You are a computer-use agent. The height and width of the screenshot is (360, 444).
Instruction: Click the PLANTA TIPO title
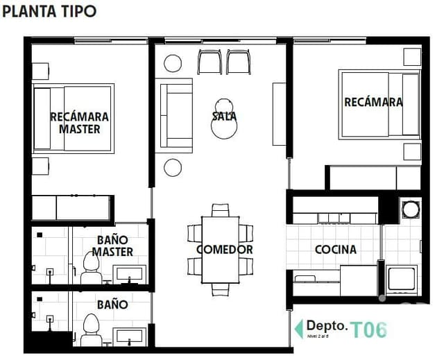point(49,11)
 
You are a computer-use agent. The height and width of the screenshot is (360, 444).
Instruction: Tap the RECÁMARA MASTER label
point(79,123)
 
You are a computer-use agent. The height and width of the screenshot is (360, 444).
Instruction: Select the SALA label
point(224,117)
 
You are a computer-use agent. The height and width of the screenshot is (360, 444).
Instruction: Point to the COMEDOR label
point(224,249)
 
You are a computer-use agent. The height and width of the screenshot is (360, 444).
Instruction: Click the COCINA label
point(335,249)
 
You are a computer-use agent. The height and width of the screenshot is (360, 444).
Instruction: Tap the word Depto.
point(326,325)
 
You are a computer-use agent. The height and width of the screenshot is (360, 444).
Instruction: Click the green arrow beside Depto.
point(298,328)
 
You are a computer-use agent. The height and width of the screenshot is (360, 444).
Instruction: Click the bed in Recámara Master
point(73,118)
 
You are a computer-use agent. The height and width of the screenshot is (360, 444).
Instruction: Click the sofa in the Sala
point(175,115)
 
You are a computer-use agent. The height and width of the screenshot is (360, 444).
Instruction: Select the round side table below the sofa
point(172,168)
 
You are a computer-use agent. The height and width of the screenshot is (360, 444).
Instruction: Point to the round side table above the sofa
point(172,64)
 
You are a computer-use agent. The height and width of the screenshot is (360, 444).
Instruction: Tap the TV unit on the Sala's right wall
point(279,114)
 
